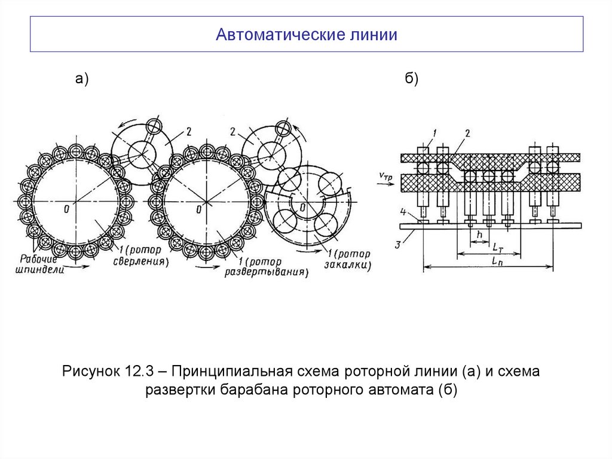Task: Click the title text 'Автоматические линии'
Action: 307,34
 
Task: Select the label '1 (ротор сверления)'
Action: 140,256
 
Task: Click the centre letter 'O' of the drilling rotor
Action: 66,209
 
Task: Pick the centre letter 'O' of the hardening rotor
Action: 303,207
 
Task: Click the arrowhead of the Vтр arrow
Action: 397,184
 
